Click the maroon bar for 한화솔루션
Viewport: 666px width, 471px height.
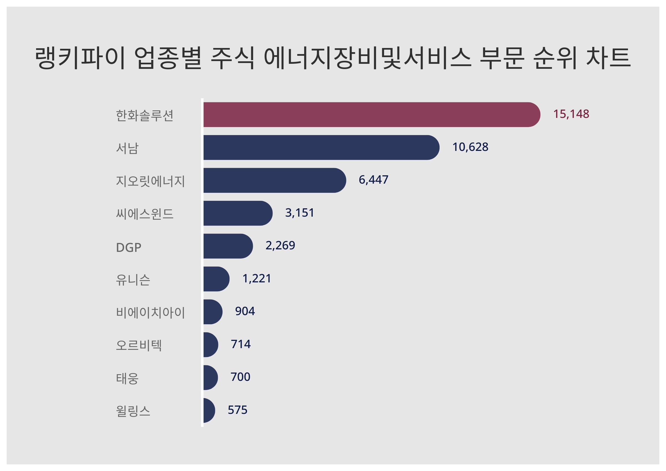[371, 115]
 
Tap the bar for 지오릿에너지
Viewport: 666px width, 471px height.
[274, 180]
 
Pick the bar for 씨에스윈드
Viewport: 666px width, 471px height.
[238, 213]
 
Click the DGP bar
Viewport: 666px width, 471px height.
[228, 246]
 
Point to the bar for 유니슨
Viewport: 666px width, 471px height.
[216, 279]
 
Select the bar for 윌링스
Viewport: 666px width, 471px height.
[209, 410]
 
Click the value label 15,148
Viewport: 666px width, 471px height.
[571, 114]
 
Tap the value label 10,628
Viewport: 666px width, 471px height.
[470, 147]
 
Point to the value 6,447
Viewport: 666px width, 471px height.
[373, 180]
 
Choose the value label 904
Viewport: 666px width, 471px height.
[245, 311]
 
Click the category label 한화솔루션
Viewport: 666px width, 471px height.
[145, 115]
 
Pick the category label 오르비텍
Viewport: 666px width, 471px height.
[139, 345]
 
